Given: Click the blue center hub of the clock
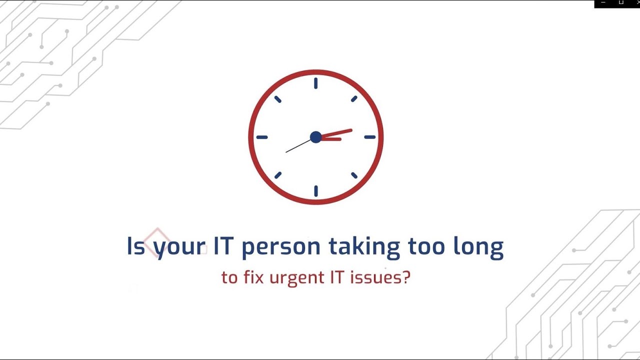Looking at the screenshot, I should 315,137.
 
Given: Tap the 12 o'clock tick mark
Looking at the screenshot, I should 315,83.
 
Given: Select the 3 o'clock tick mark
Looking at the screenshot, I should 369,137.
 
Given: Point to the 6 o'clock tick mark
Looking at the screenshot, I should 315,191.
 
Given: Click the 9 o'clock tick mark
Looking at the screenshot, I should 262,137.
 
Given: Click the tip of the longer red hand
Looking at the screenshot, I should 351,130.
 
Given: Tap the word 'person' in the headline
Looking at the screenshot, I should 280,247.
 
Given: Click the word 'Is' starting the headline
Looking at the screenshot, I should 135,246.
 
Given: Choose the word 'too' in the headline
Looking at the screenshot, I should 426,246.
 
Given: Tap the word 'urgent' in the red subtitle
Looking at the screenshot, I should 296,278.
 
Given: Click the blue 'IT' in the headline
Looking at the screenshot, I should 224,246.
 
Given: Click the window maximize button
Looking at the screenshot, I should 621,3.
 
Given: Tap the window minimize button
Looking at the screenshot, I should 603,3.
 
